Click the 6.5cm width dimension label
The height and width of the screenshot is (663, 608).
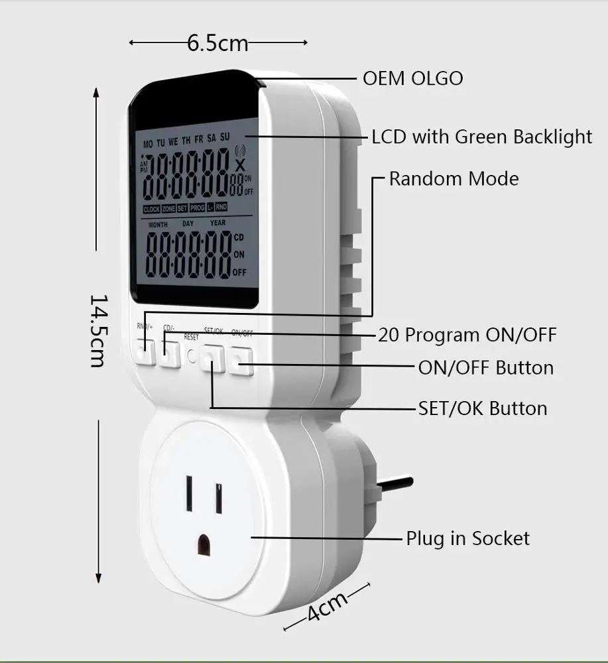(x=217, y=44)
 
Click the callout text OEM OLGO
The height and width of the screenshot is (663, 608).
(x=412, y=78)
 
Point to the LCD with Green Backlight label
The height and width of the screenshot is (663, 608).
(x=481, y=137)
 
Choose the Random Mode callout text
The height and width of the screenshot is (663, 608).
(x=454, y=179)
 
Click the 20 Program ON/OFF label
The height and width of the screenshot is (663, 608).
(x=467, y=335)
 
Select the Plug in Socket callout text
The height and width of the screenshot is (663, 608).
(x=467, y=538)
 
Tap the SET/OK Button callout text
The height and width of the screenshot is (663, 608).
(x=483, y=408)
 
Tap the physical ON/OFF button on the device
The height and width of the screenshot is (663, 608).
(x=242, y=362)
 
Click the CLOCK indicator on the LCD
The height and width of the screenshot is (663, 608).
(x=151, y=209)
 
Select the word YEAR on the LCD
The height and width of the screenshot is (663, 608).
(x=217, y=223)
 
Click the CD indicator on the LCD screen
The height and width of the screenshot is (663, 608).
(x=239, y=237)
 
